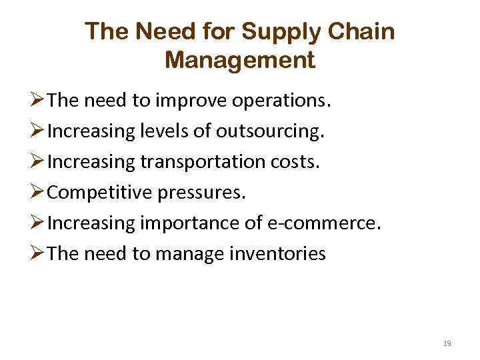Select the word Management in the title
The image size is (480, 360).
pos(240,61)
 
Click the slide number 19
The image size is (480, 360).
pos(447,343)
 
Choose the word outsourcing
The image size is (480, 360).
pos(269,132)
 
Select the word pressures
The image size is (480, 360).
pos(201,193)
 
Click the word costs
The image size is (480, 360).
pos(299,163)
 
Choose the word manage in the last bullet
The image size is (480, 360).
pos(195,254)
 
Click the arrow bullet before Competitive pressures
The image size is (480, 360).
pos(38,193)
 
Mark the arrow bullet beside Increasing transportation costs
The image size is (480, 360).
pos(38,163)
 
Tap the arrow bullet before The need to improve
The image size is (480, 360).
pos(38,101)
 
